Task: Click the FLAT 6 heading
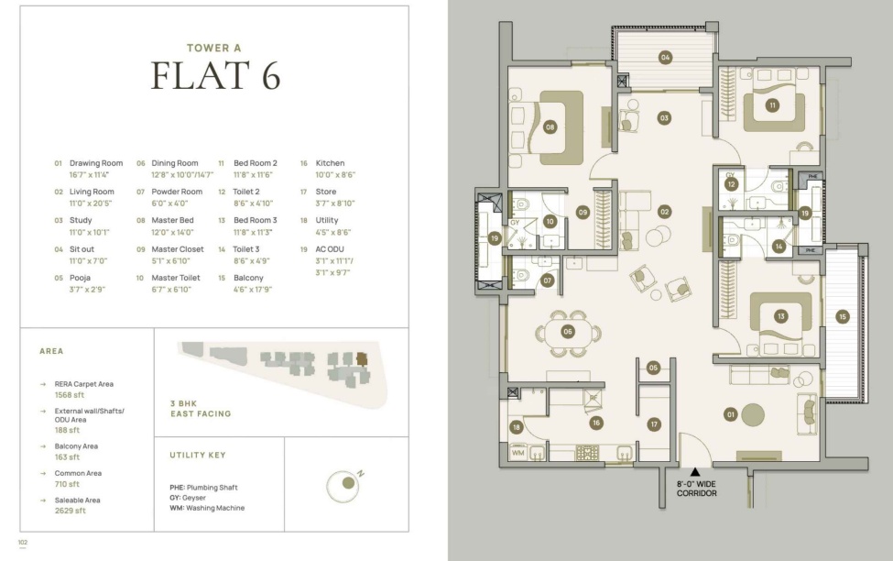pos(215,75)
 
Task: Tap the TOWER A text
pos(214,48)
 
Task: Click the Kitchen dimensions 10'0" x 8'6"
pos(335,175)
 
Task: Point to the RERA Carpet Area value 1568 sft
pos(70,394)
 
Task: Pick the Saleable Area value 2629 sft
pos(70,511)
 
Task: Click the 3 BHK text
pos(183,403)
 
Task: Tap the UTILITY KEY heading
pos(198,455)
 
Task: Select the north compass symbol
pos(343,486)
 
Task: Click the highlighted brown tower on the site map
pos(362,358)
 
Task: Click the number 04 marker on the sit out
pos(665,57)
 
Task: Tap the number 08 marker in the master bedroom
pos(550,127)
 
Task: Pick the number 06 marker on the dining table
pos(567,331)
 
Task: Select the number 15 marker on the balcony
pos(843,317)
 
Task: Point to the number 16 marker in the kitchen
pos(595,423)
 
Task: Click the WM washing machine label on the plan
pos(517,453)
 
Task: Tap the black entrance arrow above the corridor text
pos(695,471)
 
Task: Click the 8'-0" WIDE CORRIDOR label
pos(696,489)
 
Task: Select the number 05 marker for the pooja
pos(653,368)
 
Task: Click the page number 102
pos(23,542)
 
